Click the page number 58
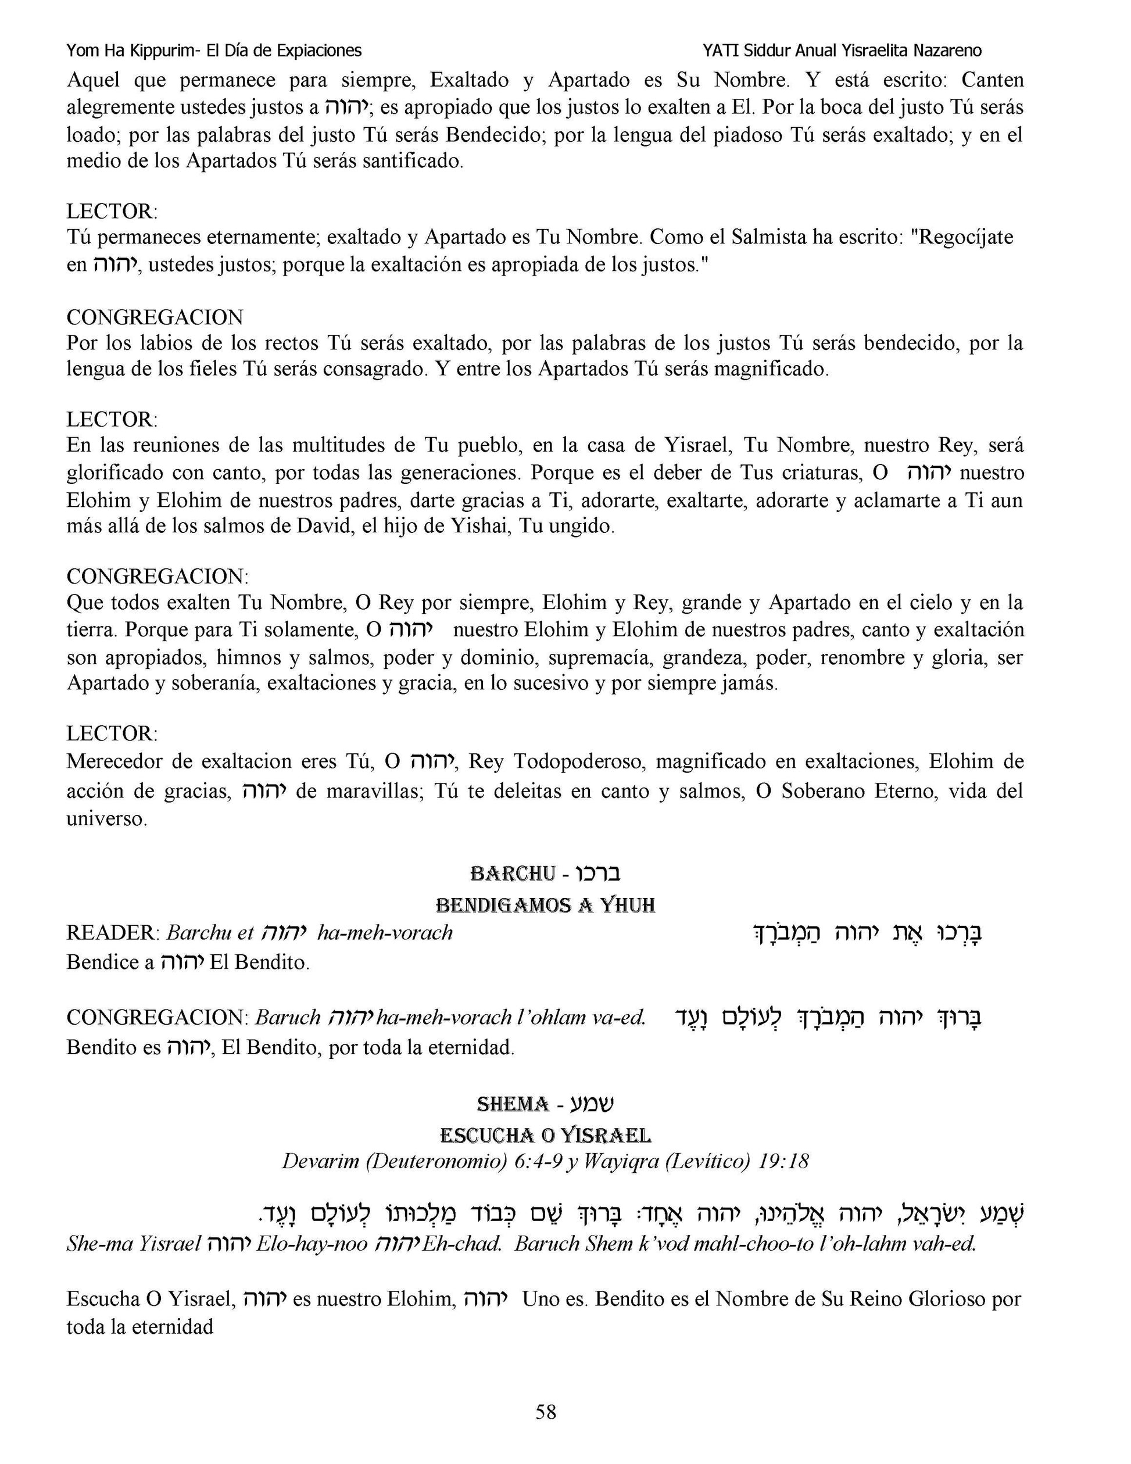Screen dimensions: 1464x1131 pyautogui.click(x=545, y=1412)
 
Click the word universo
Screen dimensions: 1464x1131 pyautogui.click(x=106, y=819)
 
